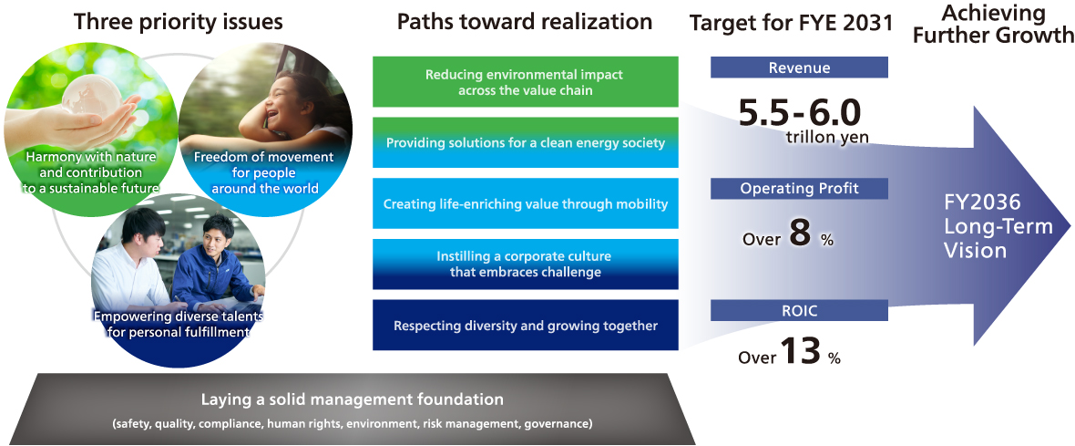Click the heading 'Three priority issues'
tap(178, 21)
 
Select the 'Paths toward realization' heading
tap(525, 21)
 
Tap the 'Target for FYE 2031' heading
tap(792, 23)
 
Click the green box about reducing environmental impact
tap(525, 82)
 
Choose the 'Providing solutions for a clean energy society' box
tap(525, 143)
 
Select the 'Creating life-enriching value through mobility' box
tap(525, 203)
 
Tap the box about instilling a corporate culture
tap(525, 264)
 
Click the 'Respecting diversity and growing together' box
tap(525, 326)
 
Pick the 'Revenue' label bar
tap(799, 67)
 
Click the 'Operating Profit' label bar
tap(799, 189)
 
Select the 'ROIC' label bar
tap(799, 311)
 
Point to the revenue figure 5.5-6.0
tap(799, 112)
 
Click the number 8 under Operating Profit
tap(800, 234)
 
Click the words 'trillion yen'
tap(826, 138)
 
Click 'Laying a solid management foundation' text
tap(352, 399)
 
